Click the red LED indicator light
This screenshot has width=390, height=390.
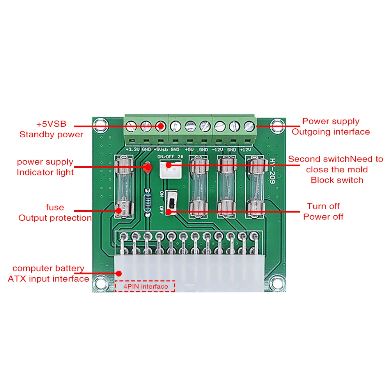coord(147,168)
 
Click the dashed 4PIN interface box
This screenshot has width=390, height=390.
coord(145,287)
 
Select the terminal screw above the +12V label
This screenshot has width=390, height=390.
coord(248,126)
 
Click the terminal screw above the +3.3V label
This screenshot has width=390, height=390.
coord(131,126)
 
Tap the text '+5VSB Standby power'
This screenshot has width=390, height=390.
coord(51,129)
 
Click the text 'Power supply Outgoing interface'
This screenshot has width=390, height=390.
coord(331,126)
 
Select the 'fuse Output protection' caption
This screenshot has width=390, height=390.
coord(55,213)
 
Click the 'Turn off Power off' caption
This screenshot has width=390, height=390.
coord(323,211)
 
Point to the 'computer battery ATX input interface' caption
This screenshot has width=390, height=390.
coord(48,273)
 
